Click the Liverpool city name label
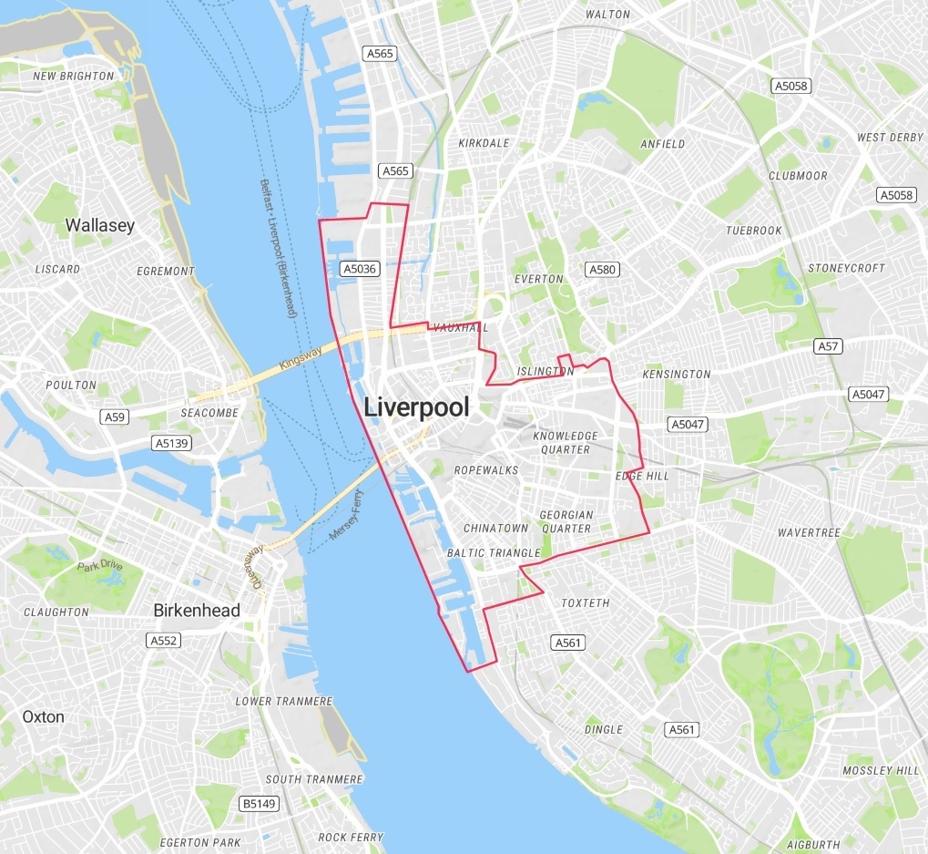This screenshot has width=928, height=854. coord(416,407)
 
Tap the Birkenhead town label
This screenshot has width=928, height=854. coord(197,610)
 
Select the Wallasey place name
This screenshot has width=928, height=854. coord(99,225)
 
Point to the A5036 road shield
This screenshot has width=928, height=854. coord(358,269)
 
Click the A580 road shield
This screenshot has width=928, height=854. coord(602,269)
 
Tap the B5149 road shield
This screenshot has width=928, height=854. coord(258,803)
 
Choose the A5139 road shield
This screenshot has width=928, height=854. coord(171,443)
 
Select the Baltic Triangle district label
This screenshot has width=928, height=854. coord(493,553)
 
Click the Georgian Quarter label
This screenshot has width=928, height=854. coord(566,521)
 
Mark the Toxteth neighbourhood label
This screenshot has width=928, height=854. coord(586,603)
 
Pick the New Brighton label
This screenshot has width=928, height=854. coord(74,77)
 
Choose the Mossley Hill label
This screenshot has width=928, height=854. coord(882,771)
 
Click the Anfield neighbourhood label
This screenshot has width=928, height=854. coord(662,144)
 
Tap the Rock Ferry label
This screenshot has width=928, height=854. coord(351,837)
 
